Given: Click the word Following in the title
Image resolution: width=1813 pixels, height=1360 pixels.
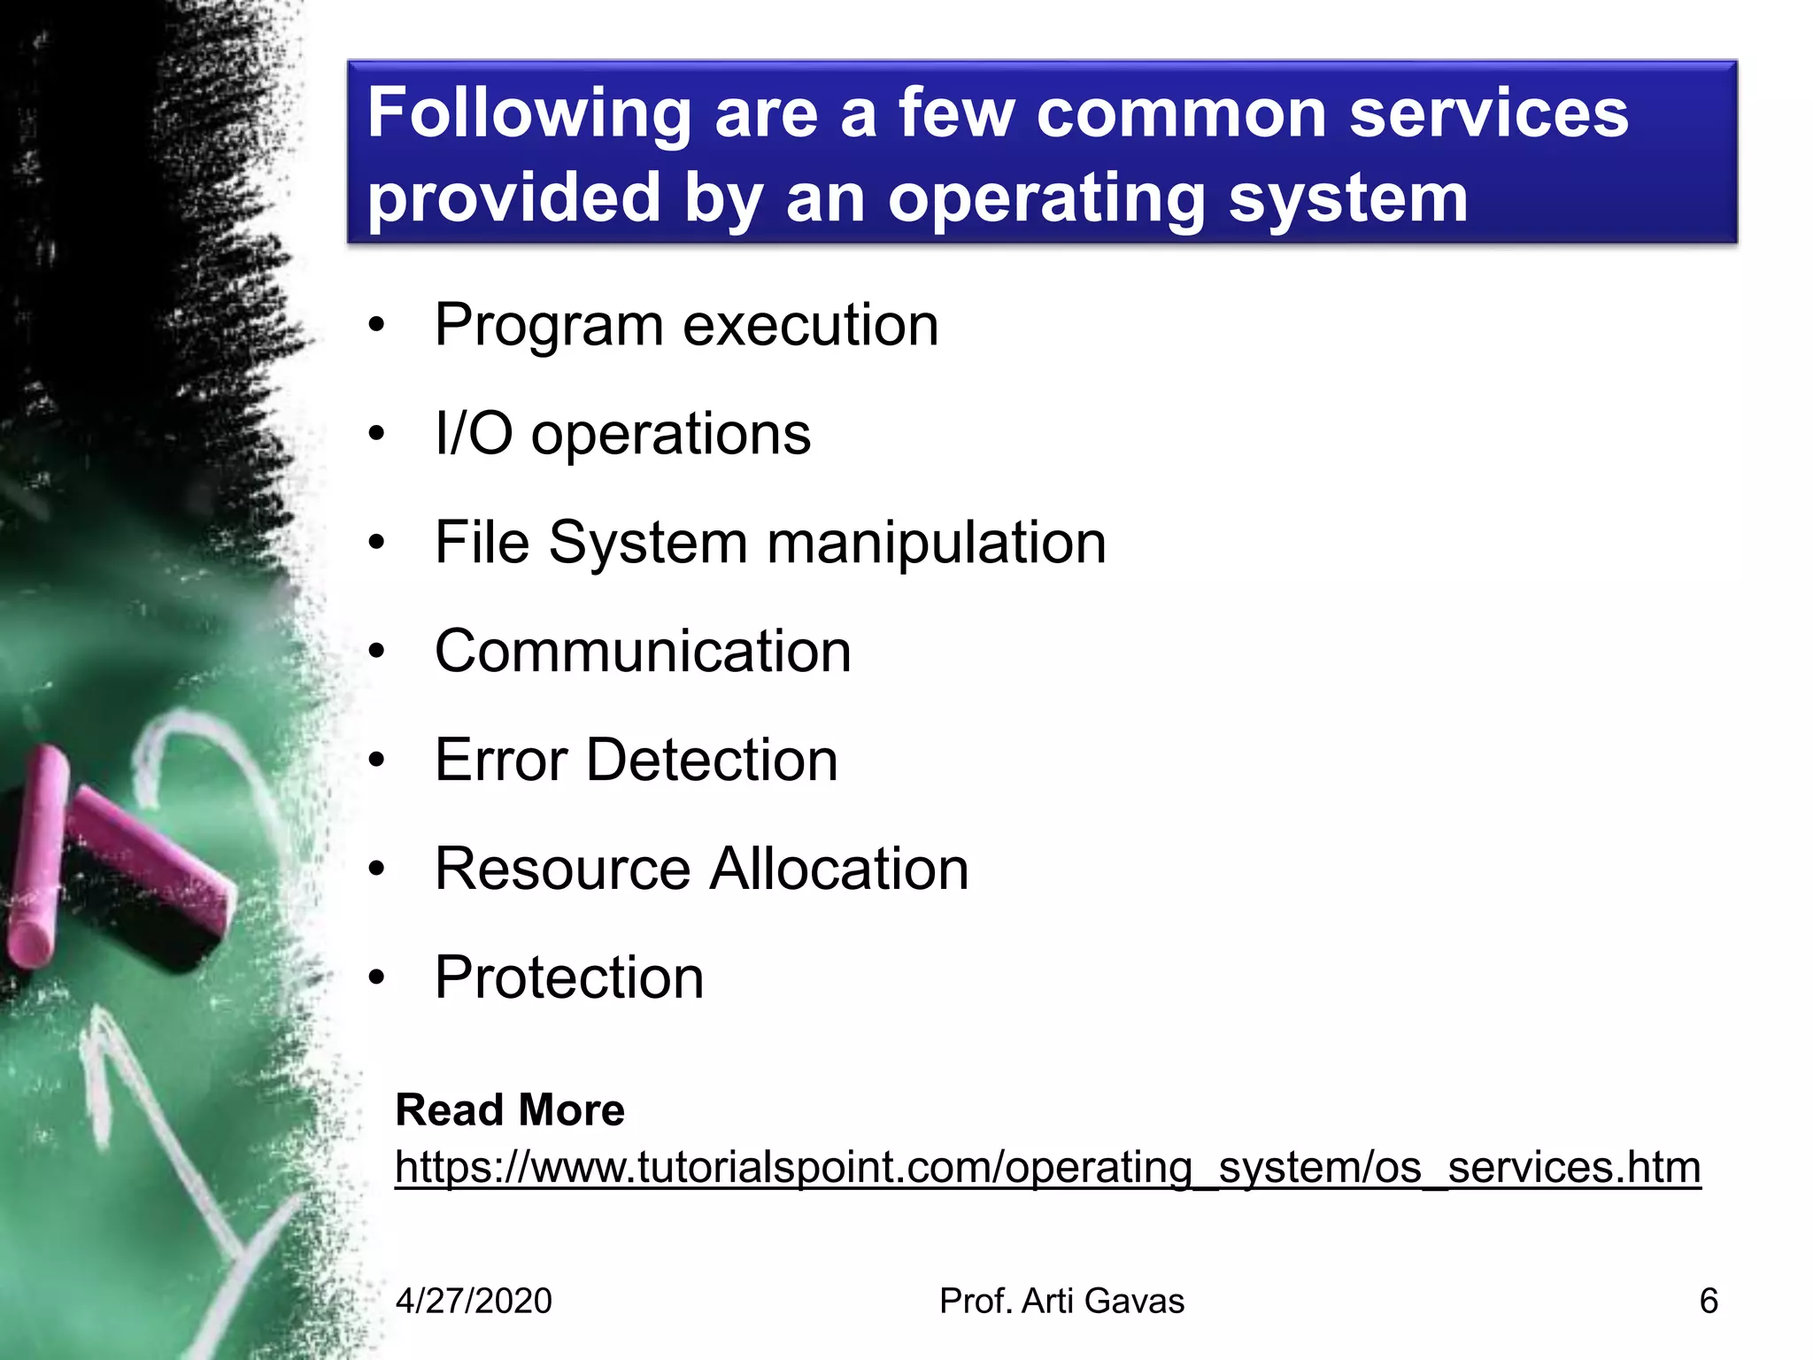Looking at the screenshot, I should tap(528, 113).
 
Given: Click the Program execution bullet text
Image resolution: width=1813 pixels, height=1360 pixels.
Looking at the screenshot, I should tap(686, 325).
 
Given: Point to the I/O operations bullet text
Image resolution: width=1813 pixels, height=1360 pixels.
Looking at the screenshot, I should tap(622, 434).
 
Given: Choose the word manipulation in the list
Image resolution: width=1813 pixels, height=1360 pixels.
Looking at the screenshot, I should tap(937, 542).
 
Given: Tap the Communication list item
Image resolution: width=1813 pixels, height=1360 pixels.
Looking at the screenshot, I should tap(643, 651).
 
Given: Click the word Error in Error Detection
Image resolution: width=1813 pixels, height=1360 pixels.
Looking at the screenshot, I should tap(501, 760).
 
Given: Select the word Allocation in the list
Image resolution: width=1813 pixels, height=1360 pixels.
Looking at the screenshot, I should tap(839, 869).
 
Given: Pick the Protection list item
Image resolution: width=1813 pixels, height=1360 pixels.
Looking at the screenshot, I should tap(569, 977).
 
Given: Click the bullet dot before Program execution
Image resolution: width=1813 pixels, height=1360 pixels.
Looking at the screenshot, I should tap(377, 326).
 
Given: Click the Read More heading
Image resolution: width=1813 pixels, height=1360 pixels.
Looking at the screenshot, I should tap(510, 1109).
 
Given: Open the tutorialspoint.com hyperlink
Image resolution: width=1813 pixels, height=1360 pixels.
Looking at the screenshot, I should tap(1047, 1167).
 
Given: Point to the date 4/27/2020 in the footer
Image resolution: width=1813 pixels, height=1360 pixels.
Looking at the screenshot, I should tap(474, 1301).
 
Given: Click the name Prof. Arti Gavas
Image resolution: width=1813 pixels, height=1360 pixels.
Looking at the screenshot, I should tap(1061, 1301).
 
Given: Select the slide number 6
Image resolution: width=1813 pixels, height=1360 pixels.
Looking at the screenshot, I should tap(1709, 1301).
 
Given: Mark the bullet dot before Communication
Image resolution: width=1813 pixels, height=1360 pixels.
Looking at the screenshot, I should tap(377, 652).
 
